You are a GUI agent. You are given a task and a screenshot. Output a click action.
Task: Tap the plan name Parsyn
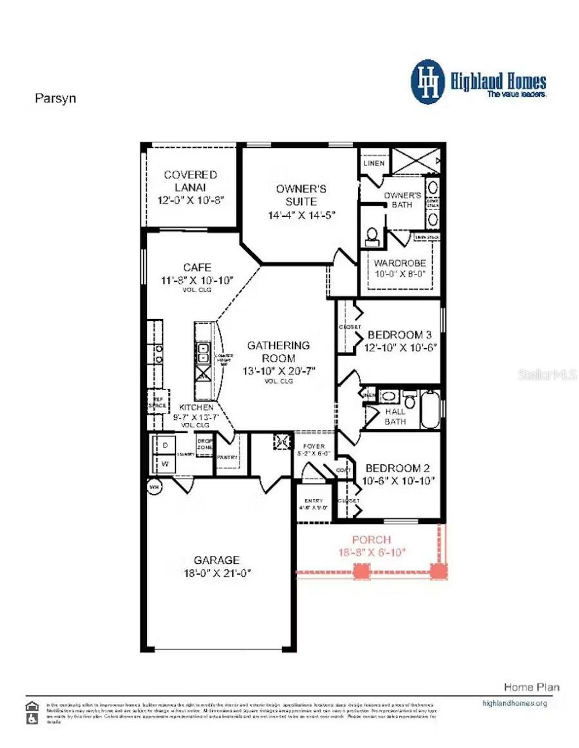pyautogui.click(x=55, y=98)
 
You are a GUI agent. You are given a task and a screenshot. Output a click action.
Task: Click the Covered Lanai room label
pyautogui.click(x=191, y=181)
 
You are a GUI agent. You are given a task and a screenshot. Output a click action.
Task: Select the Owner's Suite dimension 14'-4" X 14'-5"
pyautogui.click(x=301, y=215)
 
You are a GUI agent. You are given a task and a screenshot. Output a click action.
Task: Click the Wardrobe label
pyautogui.click(x=400, y=263)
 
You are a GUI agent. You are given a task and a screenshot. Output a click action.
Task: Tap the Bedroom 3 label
pyautogui.click(x=399, y=335)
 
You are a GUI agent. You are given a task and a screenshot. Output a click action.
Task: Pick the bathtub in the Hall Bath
pyautogui.click(x=429, y=409)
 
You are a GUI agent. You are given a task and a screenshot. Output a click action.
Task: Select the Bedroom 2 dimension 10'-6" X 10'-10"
pyautogui.click(x=398, y=481)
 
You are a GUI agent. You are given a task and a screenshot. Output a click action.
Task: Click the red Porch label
pyautogui.click(x=371, y=540)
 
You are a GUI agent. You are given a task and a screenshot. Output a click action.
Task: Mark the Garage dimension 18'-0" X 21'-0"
pyautogui.click(x=217, y=573)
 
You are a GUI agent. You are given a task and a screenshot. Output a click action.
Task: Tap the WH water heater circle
pyautogui.click(x=154, y=487)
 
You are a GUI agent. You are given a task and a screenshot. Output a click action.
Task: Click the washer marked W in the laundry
pyautogui.click(x=165, y=464)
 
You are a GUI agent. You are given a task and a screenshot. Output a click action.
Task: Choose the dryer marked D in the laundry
pyautogui.click(x=165, y=445)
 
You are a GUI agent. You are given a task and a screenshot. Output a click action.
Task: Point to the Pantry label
pyautogui.click(x=227, y=457)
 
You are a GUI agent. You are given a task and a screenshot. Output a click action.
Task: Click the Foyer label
pyautogui.click(x=314, y=446)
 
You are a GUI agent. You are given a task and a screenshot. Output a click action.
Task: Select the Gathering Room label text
pyautogui.click(x=278, y=351)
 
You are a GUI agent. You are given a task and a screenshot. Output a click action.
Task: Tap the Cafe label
pyautogui.click(x=197, y=267)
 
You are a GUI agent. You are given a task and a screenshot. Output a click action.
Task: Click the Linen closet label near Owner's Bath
pyautogui.click(x=374, y=163)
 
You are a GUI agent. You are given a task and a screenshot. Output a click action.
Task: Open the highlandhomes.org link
pyautogui.click(x=515, y=703)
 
